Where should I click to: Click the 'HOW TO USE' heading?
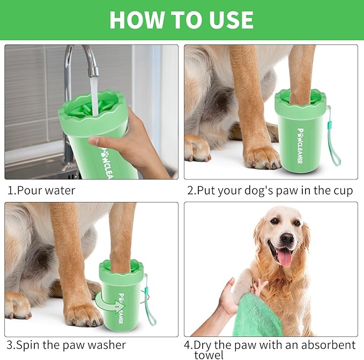pos(181,20)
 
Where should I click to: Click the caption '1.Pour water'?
pos(41,190)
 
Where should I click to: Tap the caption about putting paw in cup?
pos(270,190)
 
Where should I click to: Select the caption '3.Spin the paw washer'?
pos(66,344)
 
